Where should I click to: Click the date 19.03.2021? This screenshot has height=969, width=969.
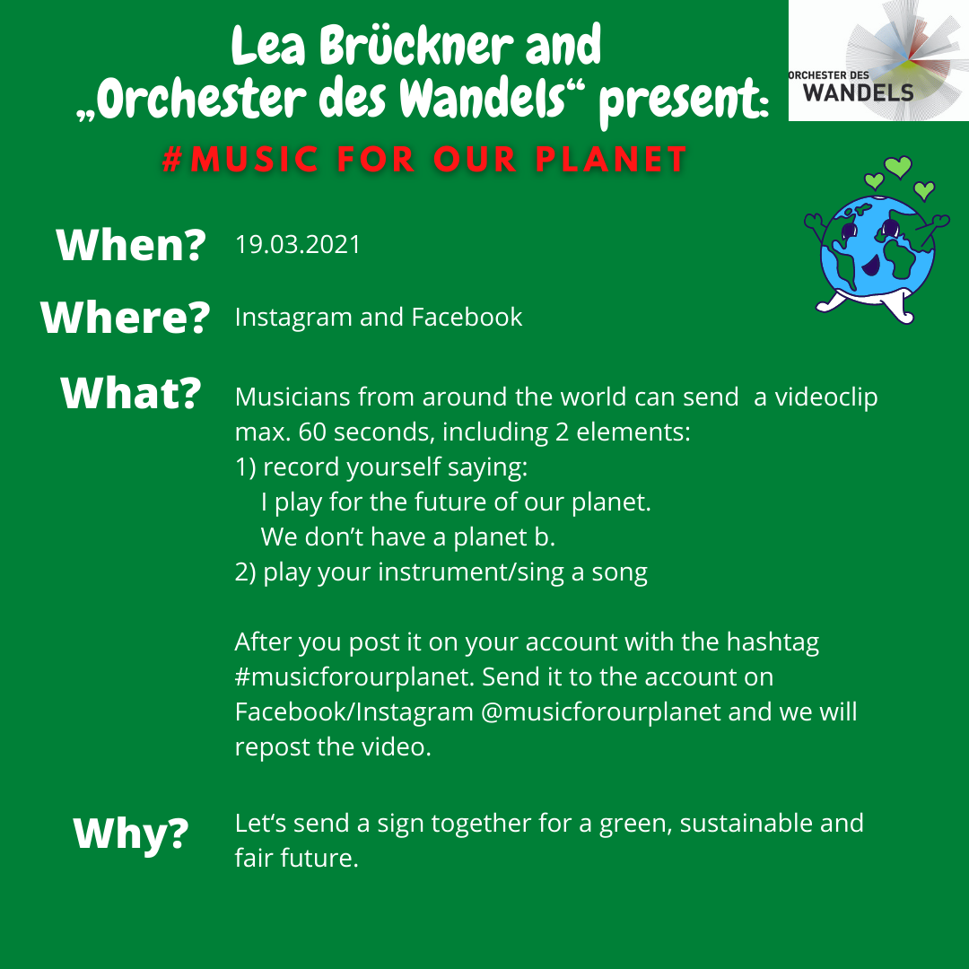pyautogui.click(x=297, y=245)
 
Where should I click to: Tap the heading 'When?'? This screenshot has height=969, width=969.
pyautogui.click(x=131, y=245)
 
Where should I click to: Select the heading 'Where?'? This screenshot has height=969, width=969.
pyautogui.click(x=126, y=318)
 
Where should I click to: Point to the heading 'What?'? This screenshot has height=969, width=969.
pyautogui.click(x=131, y=393)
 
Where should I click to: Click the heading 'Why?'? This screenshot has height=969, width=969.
pyautogui.click(x=131, y=834)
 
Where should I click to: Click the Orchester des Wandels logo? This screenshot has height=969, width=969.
pyautogui.click(x=878, y=61)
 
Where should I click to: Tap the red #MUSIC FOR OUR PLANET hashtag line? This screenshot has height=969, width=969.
pyautogui.click(x=424, y=160)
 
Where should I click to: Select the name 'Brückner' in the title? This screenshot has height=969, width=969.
pyautogui.click(x=416, y=45)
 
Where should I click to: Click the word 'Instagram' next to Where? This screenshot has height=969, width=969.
pyautogui.click(x=293, y=318)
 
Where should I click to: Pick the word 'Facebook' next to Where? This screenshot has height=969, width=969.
pyautogui.click(x=467, y=317)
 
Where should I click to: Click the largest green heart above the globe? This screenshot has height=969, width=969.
pyautogui.click(x=898, y=166)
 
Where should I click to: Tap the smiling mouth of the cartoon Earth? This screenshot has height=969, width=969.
pyautogui.click(x=870, y=266)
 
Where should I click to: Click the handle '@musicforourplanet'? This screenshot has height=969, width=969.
pyautogui.click(x=600, y=711)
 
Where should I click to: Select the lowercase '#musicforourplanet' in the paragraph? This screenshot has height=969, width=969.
pyautogui.click(x=354, y=677)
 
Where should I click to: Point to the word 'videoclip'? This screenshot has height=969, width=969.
pyautogui.click(x=826, y=397)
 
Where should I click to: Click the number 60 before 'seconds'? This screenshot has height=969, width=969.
pyautogui.click(x=312, y=432)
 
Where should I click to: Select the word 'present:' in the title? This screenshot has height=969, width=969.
pyautogui.click(x=684, y=100)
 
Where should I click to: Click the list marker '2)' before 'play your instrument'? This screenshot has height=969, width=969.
pyautogui.click(x=245, y=572)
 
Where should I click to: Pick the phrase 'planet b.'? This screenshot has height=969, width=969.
pyautogui.click(x=504, y=537)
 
